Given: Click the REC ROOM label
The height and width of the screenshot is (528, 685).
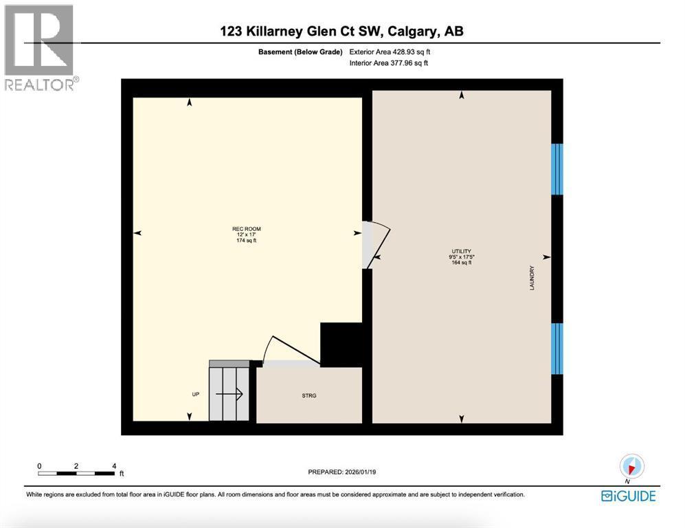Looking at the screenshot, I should pyautogui.click(x=246, y=229).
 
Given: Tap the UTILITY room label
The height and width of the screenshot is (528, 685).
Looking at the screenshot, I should pyautogui.click(x=461, y=252).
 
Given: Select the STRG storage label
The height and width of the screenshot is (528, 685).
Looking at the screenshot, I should pyautogui.click(x=308, y=395).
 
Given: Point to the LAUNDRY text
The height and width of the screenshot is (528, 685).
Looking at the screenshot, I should pyautogui.click(x=532, y=278).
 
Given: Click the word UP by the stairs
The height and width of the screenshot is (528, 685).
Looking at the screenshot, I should pyautogui.click(x=195, y=395).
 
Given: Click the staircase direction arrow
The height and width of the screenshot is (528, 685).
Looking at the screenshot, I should pyautogui.click(x=229, y=394).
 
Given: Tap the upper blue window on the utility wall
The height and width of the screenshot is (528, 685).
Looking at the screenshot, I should pyautogui.click(x=557, y=169).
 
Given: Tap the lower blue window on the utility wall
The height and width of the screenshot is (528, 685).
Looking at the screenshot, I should pyautogui.click(x=557, y=349).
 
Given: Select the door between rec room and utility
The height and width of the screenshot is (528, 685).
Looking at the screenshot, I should pyautogui.click(x=376, y=245).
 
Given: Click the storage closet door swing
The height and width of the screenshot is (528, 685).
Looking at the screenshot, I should pyautogui.click(x=294, y=351).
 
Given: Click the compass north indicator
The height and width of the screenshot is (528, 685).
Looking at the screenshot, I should pyautogui.click(x=630, y=467).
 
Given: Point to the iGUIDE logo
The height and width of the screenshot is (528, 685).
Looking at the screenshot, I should pyautogui.click(x=628, y=496).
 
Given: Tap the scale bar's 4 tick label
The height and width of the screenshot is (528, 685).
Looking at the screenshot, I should pyautogui.click(x=113, y=465).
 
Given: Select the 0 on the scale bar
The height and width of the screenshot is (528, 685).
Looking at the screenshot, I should pyautogui.click(x=40, y=465).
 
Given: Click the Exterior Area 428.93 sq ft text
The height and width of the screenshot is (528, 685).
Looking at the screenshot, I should pyautogui.click(x=390, y=52).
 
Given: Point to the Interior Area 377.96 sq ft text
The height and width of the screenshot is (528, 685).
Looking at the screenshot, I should pyautogui.click(x=388, y=63).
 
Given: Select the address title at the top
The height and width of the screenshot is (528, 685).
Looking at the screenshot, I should pyautogui.click(x=346, y=31).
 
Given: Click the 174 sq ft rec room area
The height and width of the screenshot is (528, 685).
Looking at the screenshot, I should pyautogui.click(x=246, y=241).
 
